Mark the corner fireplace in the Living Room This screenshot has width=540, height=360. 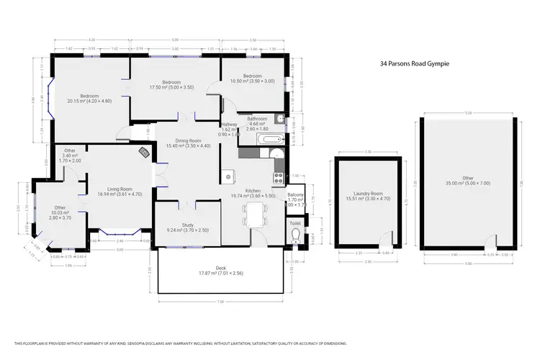(x=144, y=152)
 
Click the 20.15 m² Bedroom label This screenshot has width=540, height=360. (x=89, y=99)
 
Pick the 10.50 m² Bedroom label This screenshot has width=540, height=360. (x=252, y=78)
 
